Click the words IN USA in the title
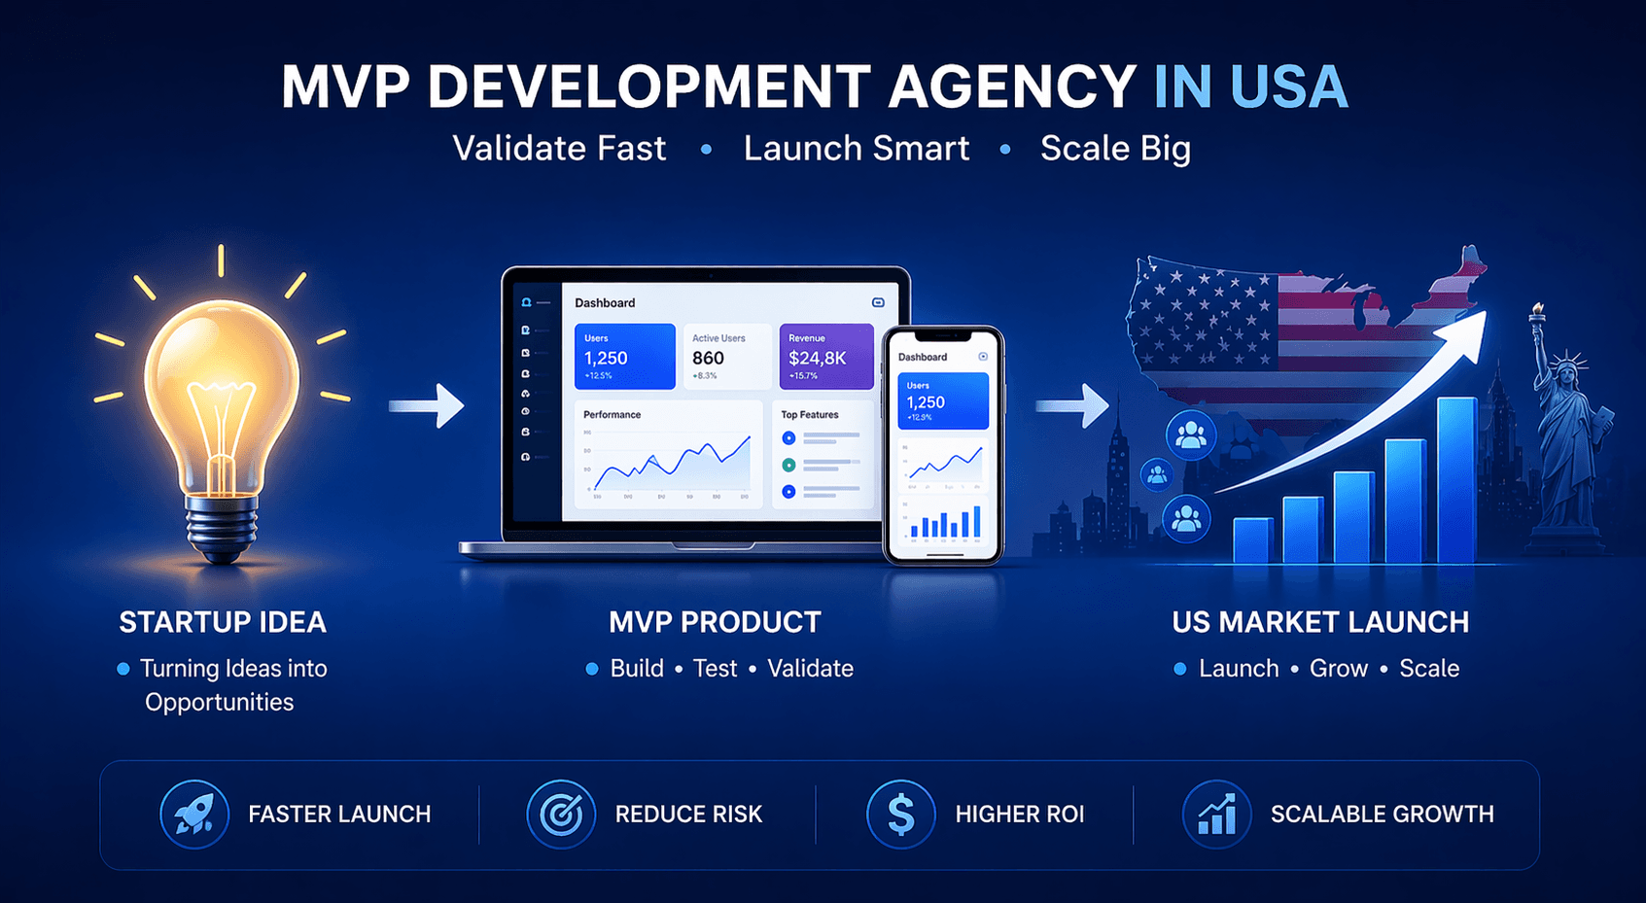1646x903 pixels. (1250, 87)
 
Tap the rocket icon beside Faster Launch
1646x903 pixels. (194, 814)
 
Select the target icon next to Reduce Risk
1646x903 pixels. (561, 814)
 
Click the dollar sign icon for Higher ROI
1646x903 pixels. (900, 814)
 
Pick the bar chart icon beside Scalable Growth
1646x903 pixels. (1216, 814)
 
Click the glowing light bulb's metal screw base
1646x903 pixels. (223, 529)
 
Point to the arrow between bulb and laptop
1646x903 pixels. (428, 405)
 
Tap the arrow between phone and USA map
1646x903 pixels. (1073, 405)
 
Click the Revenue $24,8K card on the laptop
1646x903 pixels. (825, 357)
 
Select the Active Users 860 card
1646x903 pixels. (726, 357)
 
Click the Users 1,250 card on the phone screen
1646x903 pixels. (942, 400)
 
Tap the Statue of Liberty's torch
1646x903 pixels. (1538, 312)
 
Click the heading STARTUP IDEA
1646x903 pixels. (223, 622)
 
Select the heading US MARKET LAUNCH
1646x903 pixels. (1320, 622)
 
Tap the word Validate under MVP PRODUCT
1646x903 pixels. (810, 669)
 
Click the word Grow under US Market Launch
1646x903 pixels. (1338, 669)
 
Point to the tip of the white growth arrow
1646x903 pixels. (1481, 317)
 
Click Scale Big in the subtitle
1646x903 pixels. (1115, 149)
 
